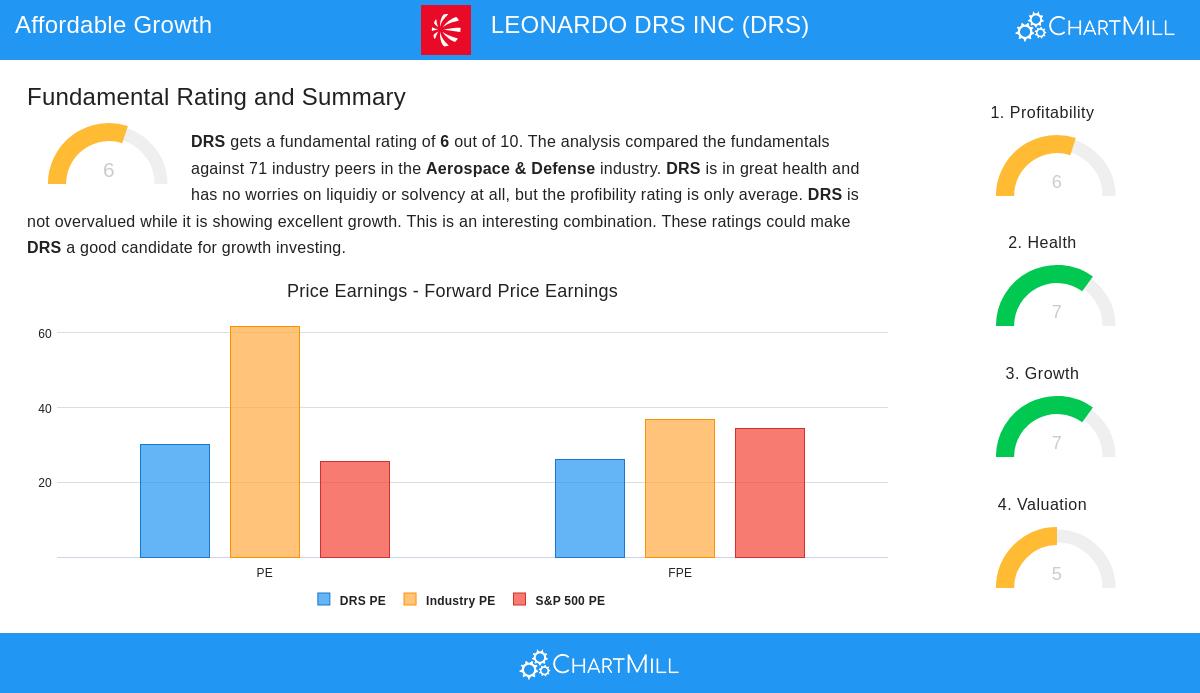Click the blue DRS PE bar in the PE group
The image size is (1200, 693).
[175, 501]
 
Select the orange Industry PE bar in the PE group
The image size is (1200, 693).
[265, 442]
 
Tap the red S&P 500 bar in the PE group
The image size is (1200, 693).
[355, 509]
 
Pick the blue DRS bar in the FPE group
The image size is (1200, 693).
[590, 508]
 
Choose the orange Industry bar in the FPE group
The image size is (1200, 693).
[680, 488]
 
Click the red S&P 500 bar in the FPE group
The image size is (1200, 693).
[770, 493]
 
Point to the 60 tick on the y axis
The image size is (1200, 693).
[45, 334]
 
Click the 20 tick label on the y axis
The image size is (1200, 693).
[45, 483]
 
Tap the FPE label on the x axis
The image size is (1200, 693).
[680, 573]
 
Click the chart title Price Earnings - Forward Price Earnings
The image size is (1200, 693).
[452, 291]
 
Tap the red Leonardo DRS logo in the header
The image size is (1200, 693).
[446, 30]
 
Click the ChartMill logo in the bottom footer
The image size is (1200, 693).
[600, 664]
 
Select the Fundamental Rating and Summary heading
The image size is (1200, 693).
[216, 97]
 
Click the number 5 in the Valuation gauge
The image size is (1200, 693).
[1056, 574]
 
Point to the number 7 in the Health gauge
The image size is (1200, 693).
[1056, 312]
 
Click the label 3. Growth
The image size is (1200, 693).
[1042, 374]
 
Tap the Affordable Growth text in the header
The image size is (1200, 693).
[113, 25]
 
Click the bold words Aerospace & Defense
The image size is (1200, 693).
[510, 169]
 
